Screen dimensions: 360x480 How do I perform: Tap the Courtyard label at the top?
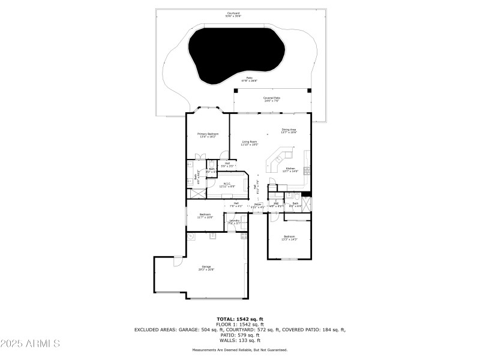click(241, 13)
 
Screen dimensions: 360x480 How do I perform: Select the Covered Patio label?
click(272, 99)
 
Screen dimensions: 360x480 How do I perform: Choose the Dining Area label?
click(289, 131)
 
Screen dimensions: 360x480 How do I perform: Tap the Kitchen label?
click(290, 170)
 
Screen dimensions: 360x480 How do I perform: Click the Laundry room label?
click(234, 222)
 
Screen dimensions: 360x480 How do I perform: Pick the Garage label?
click(206, 268)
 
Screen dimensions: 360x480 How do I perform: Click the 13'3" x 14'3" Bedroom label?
click(289, 238)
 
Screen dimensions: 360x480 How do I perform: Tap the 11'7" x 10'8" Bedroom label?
click(205, 215)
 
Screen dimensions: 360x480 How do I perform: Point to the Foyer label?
click(257, 205)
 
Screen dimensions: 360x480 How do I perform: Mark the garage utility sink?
click(212, 236)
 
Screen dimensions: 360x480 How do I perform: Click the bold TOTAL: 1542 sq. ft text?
click(240, 319)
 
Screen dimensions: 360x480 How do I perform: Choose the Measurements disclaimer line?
click(240, 350)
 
